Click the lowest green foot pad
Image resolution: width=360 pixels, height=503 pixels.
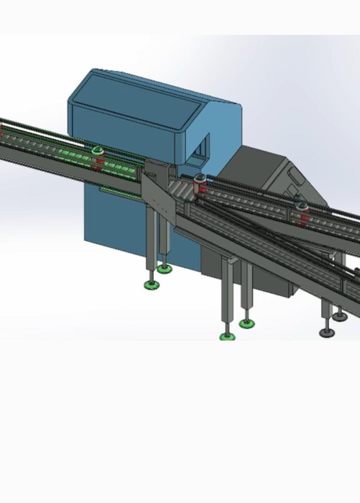click(x=227, y=337)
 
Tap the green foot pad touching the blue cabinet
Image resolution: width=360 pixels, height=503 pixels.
click(x=164, y=269)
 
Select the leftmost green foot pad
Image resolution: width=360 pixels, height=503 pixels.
click(x=151, y=285)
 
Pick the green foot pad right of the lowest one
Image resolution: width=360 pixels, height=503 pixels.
click(x=246, y=323)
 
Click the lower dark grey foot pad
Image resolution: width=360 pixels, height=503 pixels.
click(x=327, y=332)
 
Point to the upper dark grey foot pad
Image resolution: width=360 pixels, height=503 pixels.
click(x=340, y=317)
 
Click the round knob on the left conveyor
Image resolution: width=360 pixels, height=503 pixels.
click(x=98, y=150)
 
